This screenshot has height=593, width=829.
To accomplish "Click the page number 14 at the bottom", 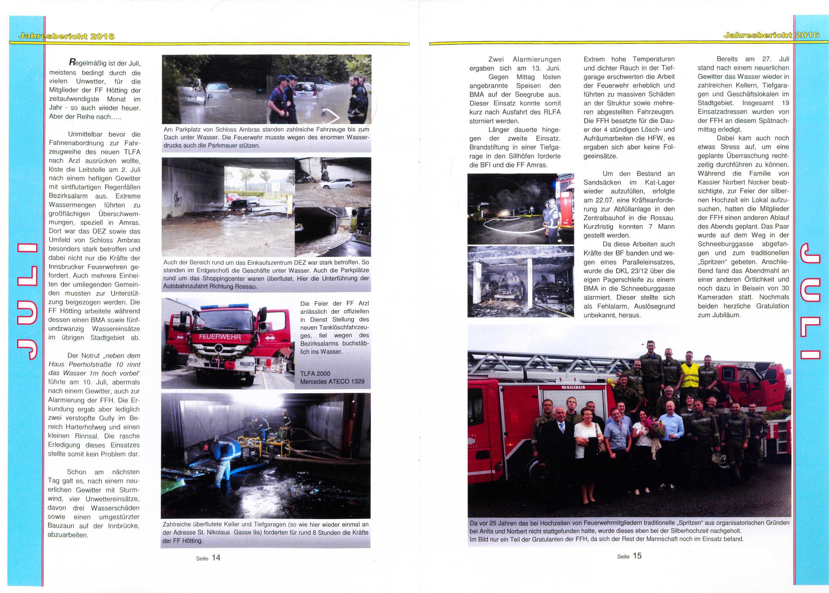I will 216,557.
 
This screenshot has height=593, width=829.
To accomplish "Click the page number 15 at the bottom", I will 637,556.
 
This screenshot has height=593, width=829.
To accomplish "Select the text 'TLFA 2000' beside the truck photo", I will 315,373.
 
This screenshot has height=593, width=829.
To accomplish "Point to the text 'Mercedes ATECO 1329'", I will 332,382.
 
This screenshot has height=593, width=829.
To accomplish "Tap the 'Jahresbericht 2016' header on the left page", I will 62,36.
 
